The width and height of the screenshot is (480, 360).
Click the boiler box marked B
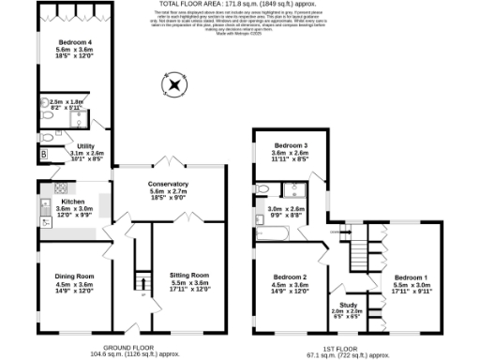pos(43,155)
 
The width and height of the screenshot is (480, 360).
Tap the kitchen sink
pos(44,220)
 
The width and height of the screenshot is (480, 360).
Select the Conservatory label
pos(169,184)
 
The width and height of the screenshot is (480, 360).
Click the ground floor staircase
pos(142,282)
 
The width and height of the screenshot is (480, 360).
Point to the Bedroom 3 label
pos(291,146)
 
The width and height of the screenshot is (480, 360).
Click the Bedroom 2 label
pos(291,277)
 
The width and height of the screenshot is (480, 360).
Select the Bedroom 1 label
pos(411,277)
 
